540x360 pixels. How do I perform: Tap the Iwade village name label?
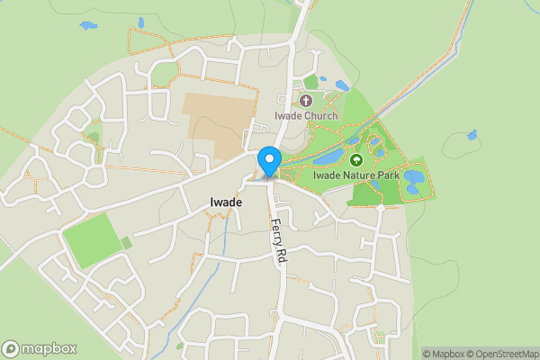click(224, 202)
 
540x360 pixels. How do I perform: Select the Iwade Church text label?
click(307, 116)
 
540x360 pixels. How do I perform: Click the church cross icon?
click(307, 102)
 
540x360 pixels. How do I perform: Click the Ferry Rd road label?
click(278, 241)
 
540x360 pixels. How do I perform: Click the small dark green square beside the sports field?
click(127, 242)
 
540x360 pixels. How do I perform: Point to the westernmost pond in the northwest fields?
click(88, 25)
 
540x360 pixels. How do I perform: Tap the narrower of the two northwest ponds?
click(140, 22)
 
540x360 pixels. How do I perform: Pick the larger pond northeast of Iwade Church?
click(342, 86)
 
